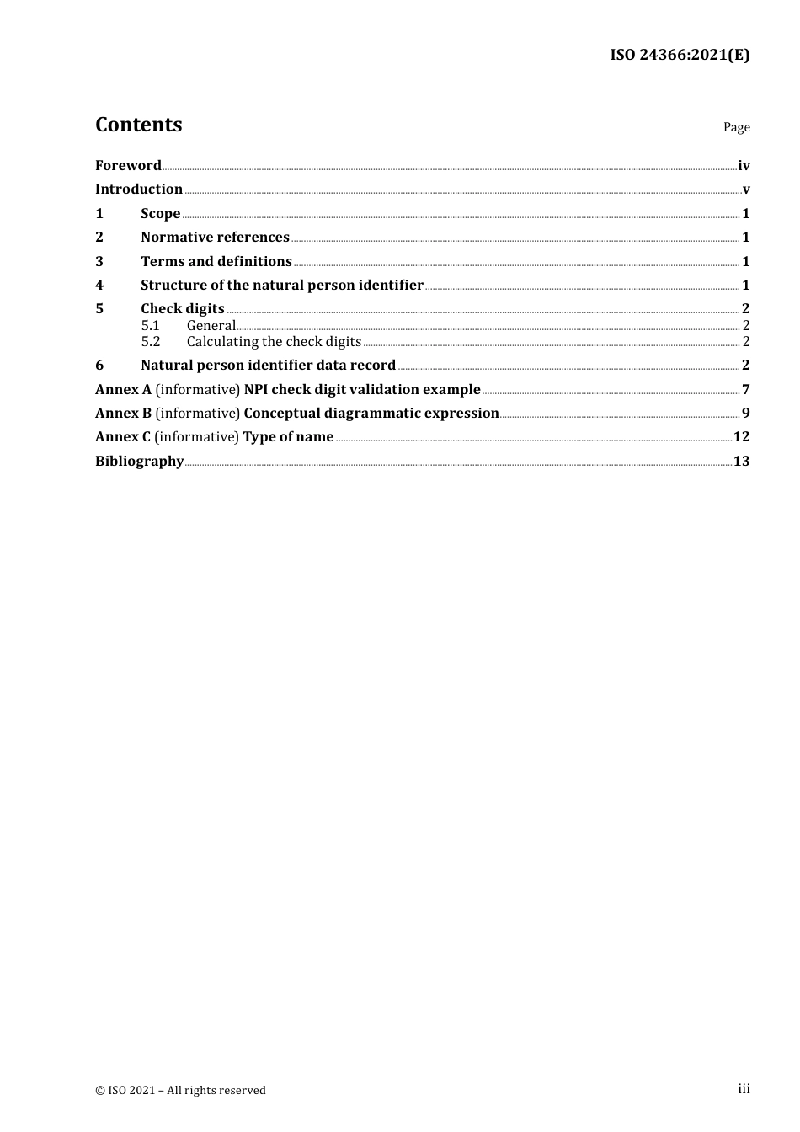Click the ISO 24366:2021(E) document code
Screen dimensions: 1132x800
(x=680, y=56)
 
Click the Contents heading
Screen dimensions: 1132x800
(x=138, y=125)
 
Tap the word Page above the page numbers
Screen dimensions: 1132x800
(x=736, y=127)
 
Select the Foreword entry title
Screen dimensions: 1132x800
(x=128, y=166)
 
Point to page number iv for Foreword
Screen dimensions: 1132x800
(x=744, y=166)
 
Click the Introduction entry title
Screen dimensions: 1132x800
(x=139, y=190)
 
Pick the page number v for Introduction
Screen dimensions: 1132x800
(x=746, y=190)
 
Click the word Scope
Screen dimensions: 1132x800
(x=161, y=214)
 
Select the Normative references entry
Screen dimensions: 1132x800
(x=215, y=238)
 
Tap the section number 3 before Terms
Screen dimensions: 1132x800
(x=99, y=262)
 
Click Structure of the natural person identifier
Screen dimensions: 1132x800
(x=282, y=286)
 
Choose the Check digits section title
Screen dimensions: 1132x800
(x=183, y=309)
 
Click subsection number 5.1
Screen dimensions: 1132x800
(x=151, y=326)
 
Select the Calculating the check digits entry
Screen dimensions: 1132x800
(x=274, y=342)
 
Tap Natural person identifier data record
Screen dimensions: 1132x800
(x=268, y=366)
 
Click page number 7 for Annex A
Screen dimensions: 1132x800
(x=746, y=390)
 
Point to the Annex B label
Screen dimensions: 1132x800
(x=123, y=414)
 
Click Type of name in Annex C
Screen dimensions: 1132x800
(x=288, y=437)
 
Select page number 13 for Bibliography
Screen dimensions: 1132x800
(x=742, y=462)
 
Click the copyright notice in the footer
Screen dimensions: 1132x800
(x=180, y=1091)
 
